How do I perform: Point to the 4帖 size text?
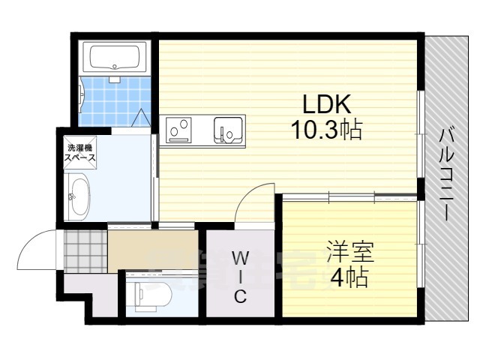point(346,278)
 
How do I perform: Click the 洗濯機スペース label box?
point(79,153)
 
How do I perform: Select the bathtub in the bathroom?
point(115,57)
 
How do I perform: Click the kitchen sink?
point(228,130)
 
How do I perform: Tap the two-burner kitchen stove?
point(180,130)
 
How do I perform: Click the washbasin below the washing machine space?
point(78,196)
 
